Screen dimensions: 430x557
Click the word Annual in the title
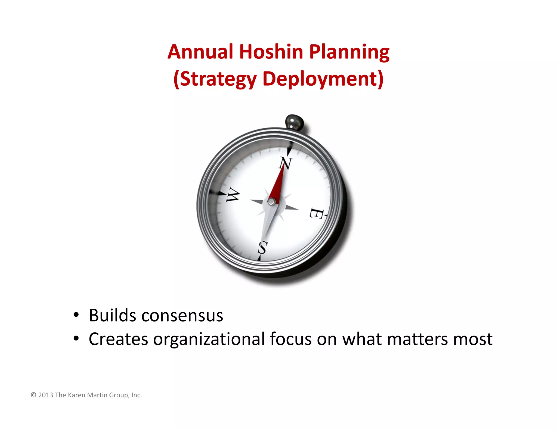[x=200, y=52]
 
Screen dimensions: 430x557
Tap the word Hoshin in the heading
[x=271, y=52]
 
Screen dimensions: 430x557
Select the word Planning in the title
[x=349, y=52]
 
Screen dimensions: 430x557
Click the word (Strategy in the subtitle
[x=215, y=79]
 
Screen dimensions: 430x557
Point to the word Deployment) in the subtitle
[x=323, y=79]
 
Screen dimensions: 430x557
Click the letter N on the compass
[x=286, y=164]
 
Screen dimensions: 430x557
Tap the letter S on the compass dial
[x=262, y=248]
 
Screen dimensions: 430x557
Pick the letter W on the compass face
[x=233, y=195]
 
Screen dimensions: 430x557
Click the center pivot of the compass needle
[x=271, y=201]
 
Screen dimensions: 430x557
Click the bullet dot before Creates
[x=76, y=339]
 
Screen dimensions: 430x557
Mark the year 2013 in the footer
[x=45, y=395]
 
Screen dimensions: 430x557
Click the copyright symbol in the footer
[x=33, y=395]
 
